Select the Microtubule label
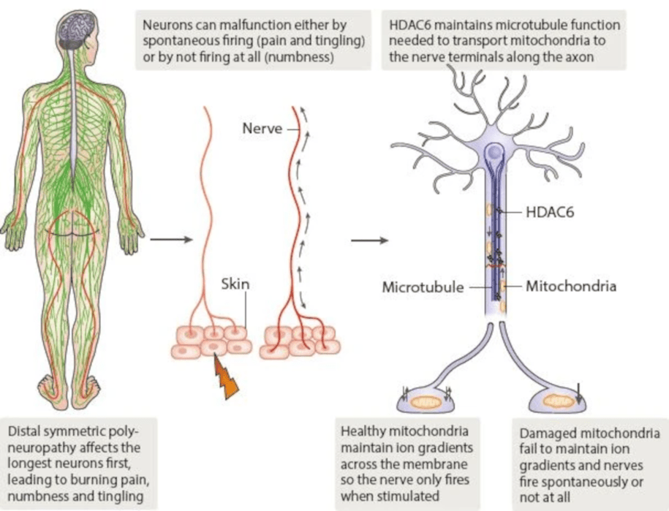click(423, 287)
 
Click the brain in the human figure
click(78, 29)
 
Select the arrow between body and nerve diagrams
click(170, 239)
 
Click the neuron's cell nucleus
click(495, 154)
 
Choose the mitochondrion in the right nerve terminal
click(560, 401)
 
